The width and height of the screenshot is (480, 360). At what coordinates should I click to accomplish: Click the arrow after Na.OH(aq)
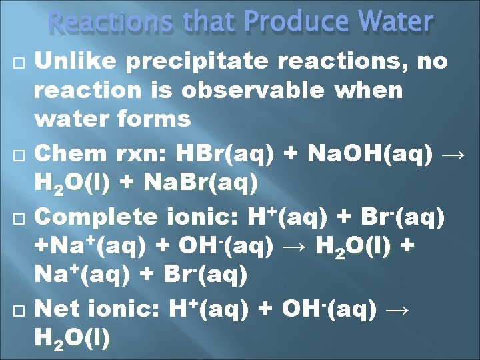[x=454, y=154]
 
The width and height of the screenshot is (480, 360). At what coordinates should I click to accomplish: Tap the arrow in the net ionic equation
[x=397, y=309]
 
